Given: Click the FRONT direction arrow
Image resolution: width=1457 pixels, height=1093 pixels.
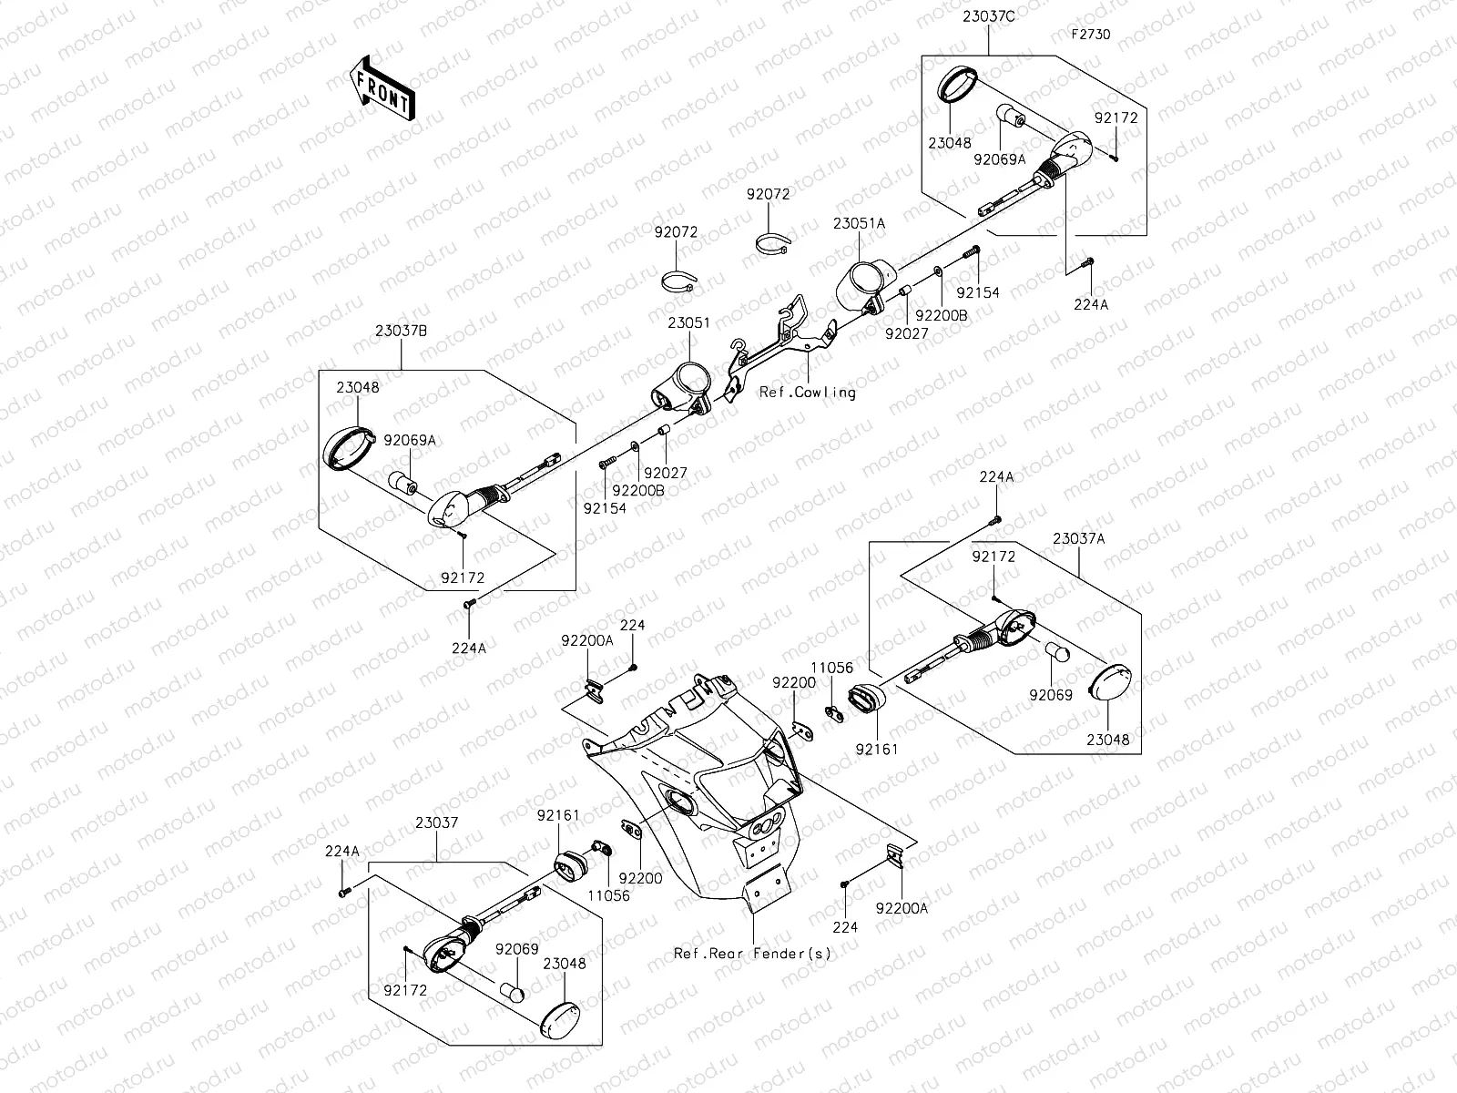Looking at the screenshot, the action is pos(382,87).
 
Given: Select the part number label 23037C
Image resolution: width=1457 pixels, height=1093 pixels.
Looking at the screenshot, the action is pos(988,16).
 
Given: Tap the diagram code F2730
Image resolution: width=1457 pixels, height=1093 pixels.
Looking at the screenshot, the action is pos(1091,35).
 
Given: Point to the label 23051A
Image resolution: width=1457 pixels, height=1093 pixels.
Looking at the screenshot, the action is pos(859,224).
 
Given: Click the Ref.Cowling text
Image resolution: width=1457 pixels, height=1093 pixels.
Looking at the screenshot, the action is pos(807,393).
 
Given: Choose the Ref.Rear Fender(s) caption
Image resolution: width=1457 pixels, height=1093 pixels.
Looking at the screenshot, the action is pos(752,954).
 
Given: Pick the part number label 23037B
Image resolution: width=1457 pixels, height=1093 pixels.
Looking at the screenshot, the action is pos(401,331).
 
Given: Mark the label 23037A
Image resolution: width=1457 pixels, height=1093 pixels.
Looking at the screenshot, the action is pos(1079,539).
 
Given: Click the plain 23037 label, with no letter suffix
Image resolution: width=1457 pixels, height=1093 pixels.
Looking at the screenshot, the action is pos(437,822).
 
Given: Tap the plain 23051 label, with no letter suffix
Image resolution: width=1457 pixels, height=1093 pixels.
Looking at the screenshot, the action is pos(689,322).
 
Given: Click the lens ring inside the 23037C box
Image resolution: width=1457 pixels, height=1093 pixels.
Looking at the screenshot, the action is pos(956,84).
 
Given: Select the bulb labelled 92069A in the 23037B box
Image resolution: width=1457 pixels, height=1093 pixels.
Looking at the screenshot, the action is pos(402,483).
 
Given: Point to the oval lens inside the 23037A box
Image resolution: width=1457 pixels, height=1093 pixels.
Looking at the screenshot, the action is pos(1110,680).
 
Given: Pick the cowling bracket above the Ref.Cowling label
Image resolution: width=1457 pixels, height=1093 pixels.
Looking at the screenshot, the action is pos(780,347).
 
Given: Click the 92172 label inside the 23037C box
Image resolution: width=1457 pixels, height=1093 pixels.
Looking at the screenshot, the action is pos(1116,117).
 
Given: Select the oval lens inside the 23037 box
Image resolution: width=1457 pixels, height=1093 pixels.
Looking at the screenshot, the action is pos(561,1022).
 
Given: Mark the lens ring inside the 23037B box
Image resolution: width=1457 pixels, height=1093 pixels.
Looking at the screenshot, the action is pos(349,448).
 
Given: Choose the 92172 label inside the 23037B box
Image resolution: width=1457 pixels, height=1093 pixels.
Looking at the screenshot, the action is pos(463,578).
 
